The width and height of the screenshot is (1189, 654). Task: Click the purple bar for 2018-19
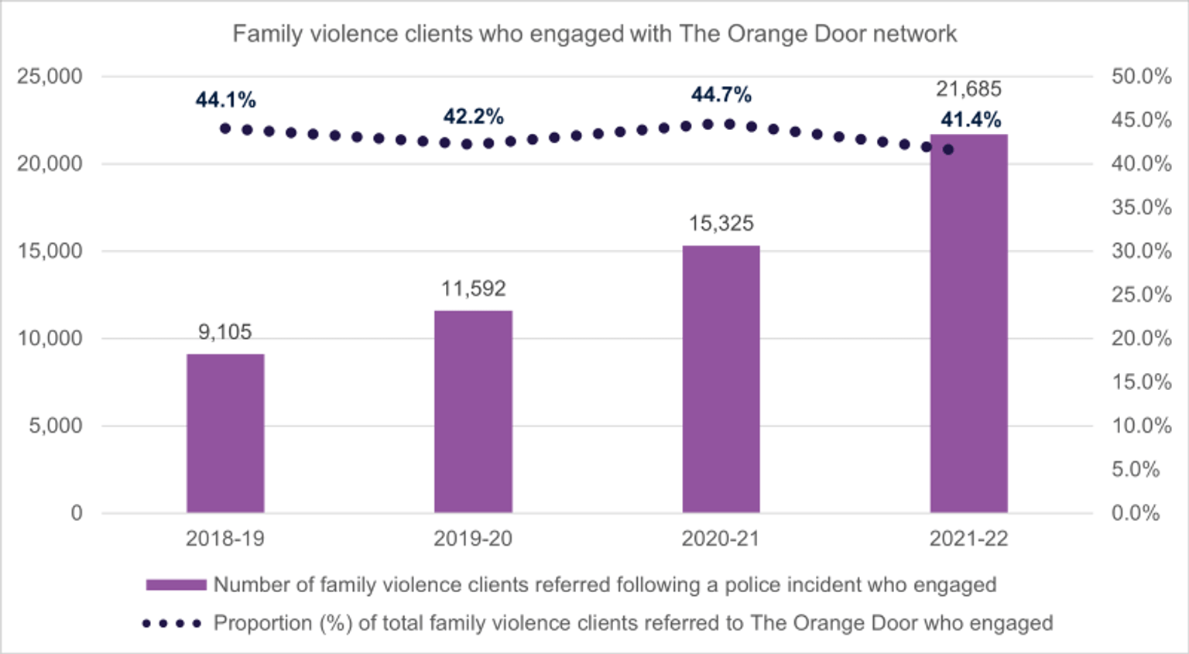click(x=225, y=433)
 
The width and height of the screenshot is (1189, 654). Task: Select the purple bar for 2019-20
click(x=473, y=412)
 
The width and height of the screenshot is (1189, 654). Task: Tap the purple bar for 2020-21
click(x=721, y=379)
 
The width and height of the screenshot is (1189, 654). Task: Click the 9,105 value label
click(x=225, y=332)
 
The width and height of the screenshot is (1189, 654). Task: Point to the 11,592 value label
click(x=473, y=289)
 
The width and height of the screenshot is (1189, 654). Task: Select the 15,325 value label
click(x=721, y=224)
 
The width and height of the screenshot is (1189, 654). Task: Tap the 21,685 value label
click(x=968, y=89)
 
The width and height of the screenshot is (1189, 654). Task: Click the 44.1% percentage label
click(x=225, y=100)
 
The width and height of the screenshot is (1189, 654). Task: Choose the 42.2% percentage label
click(x=473, y=117)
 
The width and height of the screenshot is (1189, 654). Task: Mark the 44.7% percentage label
click(x=721, y=94)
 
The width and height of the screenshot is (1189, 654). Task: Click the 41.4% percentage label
click(x=971, y=120)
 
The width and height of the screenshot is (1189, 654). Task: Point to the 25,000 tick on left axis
click(x=50, y=77)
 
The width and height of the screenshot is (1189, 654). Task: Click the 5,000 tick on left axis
click(x=56, y=426)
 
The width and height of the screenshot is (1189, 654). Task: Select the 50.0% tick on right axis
click(x=1141, y=77)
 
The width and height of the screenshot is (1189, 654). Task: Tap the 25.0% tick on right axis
click(x=1141, y=295)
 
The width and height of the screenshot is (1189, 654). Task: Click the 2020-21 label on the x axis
click(x=721, y=539)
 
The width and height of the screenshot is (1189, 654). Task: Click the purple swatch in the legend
click(x=176, y=585)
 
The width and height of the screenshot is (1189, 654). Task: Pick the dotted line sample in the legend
click(x=172, y=624)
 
